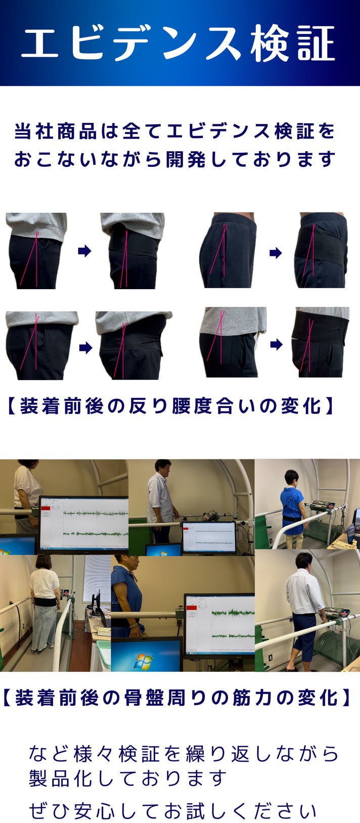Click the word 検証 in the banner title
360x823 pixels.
293,43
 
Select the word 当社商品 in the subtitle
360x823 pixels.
55,131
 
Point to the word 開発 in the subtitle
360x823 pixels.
186,159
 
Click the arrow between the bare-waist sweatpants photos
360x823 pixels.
276,252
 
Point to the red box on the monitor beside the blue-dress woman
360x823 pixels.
192,607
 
